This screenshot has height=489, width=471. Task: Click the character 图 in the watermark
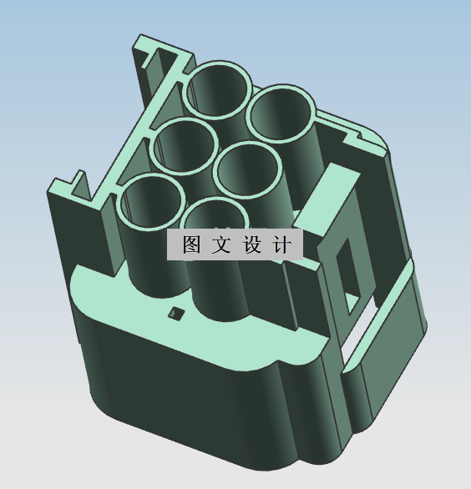[191, 245]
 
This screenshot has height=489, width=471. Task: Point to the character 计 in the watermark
[281, 245]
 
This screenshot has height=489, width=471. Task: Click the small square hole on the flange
[175, 314]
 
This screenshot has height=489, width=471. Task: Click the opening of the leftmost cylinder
[152, 203]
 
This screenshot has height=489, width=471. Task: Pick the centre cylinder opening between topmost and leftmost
[185, 145]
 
